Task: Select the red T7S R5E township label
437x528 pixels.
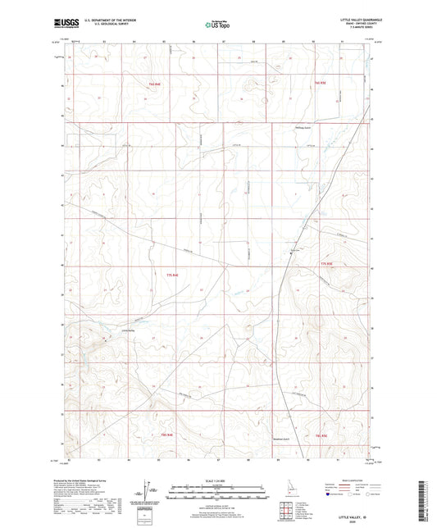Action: coord(327,262)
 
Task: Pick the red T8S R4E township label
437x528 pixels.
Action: coord(166,434)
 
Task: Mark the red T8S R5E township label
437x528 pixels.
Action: coord(321,436)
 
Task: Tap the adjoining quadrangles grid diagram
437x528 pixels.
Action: coord(286,512)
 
